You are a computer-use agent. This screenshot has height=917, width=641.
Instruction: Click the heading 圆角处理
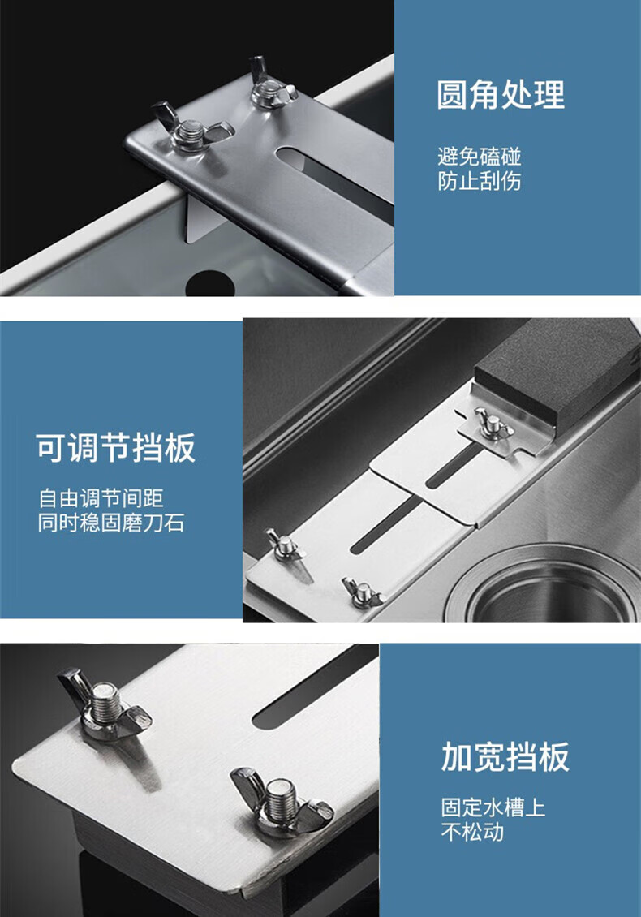(x=501, y=95)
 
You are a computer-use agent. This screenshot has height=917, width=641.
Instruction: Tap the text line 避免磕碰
(x=479, y=156)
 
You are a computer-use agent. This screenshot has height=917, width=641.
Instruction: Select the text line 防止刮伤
(x=479, y=181)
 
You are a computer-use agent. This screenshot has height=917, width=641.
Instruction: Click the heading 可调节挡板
(x=115, y=449)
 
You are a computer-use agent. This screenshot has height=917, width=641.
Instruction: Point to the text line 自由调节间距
(x=101, y=498)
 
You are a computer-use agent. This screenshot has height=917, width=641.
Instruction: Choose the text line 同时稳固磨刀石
(x=111, y=523)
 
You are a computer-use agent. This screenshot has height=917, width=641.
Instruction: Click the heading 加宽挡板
(x=505, y=757)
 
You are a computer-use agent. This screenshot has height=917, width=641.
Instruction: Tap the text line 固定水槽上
(x=493, y=807)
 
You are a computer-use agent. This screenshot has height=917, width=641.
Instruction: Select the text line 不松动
(x=472, y=832)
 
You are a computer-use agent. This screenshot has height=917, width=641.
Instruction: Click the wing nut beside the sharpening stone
(x=493, y=424)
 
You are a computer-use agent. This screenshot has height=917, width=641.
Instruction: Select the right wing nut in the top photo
(x=271, y=85)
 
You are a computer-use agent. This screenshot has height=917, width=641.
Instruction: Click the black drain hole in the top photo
(x=210, y=284)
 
